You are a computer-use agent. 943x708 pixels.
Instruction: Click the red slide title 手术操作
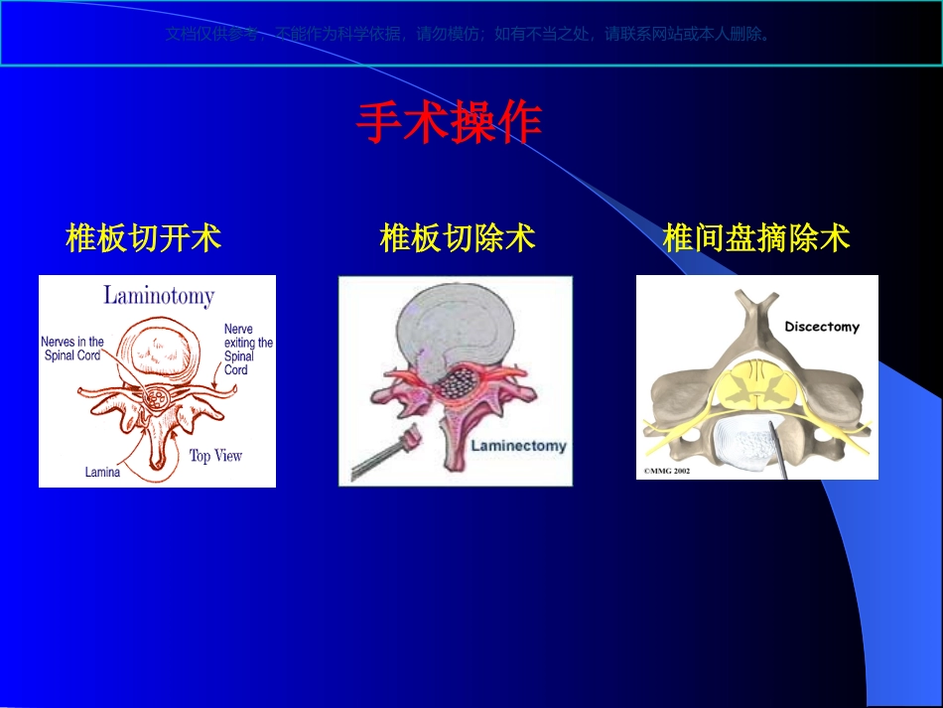(x=449, y=123)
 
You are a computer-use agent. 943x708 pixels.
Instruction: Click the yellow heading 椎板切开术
(x=143, y=238)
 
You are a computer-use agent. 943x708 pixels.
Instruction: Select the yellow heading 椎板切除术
(x=458, y=238)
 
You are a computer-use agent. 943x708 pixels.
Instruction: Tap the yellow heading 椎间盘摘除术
(x=756, y=238)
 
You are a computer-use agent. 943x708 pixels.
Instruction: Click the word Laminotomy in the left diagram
(x=159, y=295)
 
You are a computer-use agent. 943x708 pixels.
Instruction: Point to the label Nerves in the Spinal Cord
(x=72, y=349)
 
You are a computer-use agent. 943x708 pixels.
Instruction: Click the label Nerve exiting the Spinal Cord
(x=247, y=350)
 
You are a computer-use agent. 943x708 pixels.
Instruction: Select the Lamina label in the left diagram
(x=102, y=473)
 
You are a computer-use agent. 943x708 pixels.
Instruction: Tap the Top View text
(x=215, y=456)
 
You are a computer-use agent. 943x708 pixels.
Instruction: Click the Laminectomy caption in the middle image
(x=517, y=446)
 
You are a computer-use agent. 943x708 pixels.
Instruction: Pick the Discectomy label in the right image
(x=821, y=327)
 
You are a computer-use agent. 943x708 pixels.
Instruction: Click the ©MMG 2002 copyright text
(x=667, y=471)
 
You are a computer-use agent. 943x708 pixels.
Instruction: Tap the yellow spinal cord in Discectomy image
(x=758, y=383)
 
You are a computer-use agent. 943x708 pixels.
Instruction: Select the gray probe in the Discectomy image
(x=779, y=452)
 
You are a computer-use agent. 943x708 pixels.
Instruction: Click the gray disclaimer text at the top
(x=469, y=34)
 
